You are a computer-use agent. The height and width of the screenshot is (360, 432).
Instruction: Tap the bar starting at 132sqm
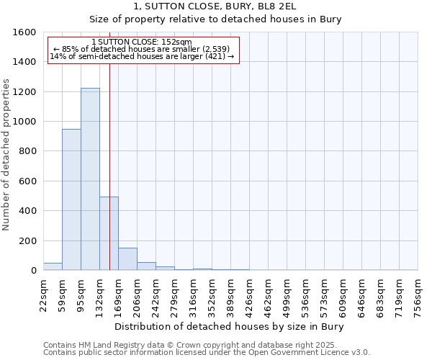pos(109,233)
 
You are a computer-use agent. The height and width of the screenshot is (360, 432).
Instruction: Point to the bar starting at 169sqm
pos(127,259)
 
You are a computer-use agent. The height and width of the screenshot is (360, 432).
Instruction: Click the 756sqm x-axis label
pos(418,295)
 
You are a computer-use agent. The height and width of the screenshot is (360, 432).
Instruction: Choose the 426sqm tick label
pos(250,295)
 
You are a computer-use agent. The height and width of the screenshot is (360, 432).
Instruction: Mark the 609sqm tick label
pos(343,295)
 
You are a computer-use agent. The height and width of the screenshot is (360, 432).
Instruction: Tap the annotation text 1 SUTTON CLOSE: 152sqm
pos(142,42)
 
